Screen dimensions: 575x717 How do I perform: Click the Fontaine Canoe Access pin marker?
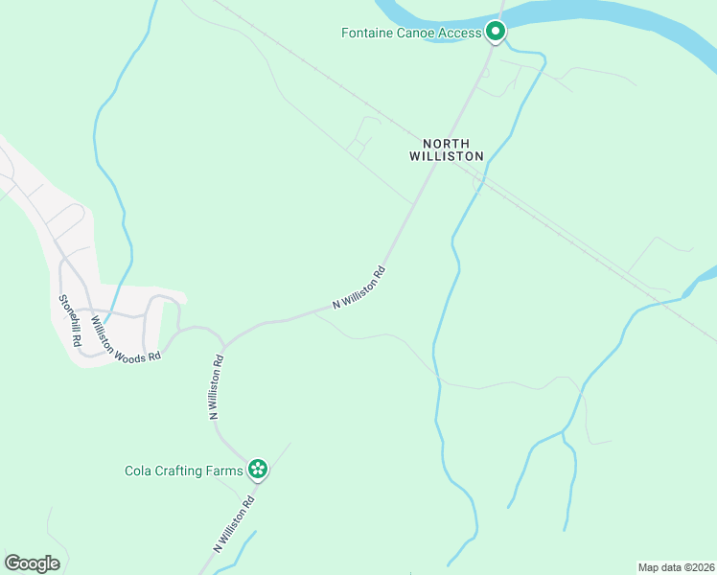(x=496, y=32)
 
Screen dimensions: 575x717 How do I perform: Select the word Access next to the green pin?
(x=461, y=34)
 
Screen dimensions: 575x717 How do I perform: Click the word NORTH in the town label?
(x=447, y=141)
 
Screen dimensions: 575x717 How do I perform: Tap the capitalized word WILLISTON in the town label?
(x=447, y=155)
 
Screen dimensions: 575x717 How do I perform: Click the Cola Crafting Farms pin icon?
(x=257, y=470)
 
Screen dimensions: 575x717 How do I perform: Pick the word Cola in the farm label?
(x=140, y=471)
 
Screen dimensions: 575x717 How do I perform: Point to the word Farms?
(x=226, y=471)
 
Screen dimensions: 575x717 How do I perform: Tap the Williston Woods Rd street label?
(x=126, y=339)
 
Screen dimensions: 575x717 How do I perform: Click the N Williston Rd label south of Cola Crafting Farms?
(x=233, y=524)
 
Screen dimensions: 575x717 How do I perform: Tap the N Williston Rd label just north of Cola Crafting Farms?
(x=216, y=388)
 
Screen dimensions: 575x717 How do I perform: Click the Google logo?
(x=32, y=563)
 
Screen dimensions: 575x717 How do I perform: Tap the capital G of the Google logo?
(x=12, y=563)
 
